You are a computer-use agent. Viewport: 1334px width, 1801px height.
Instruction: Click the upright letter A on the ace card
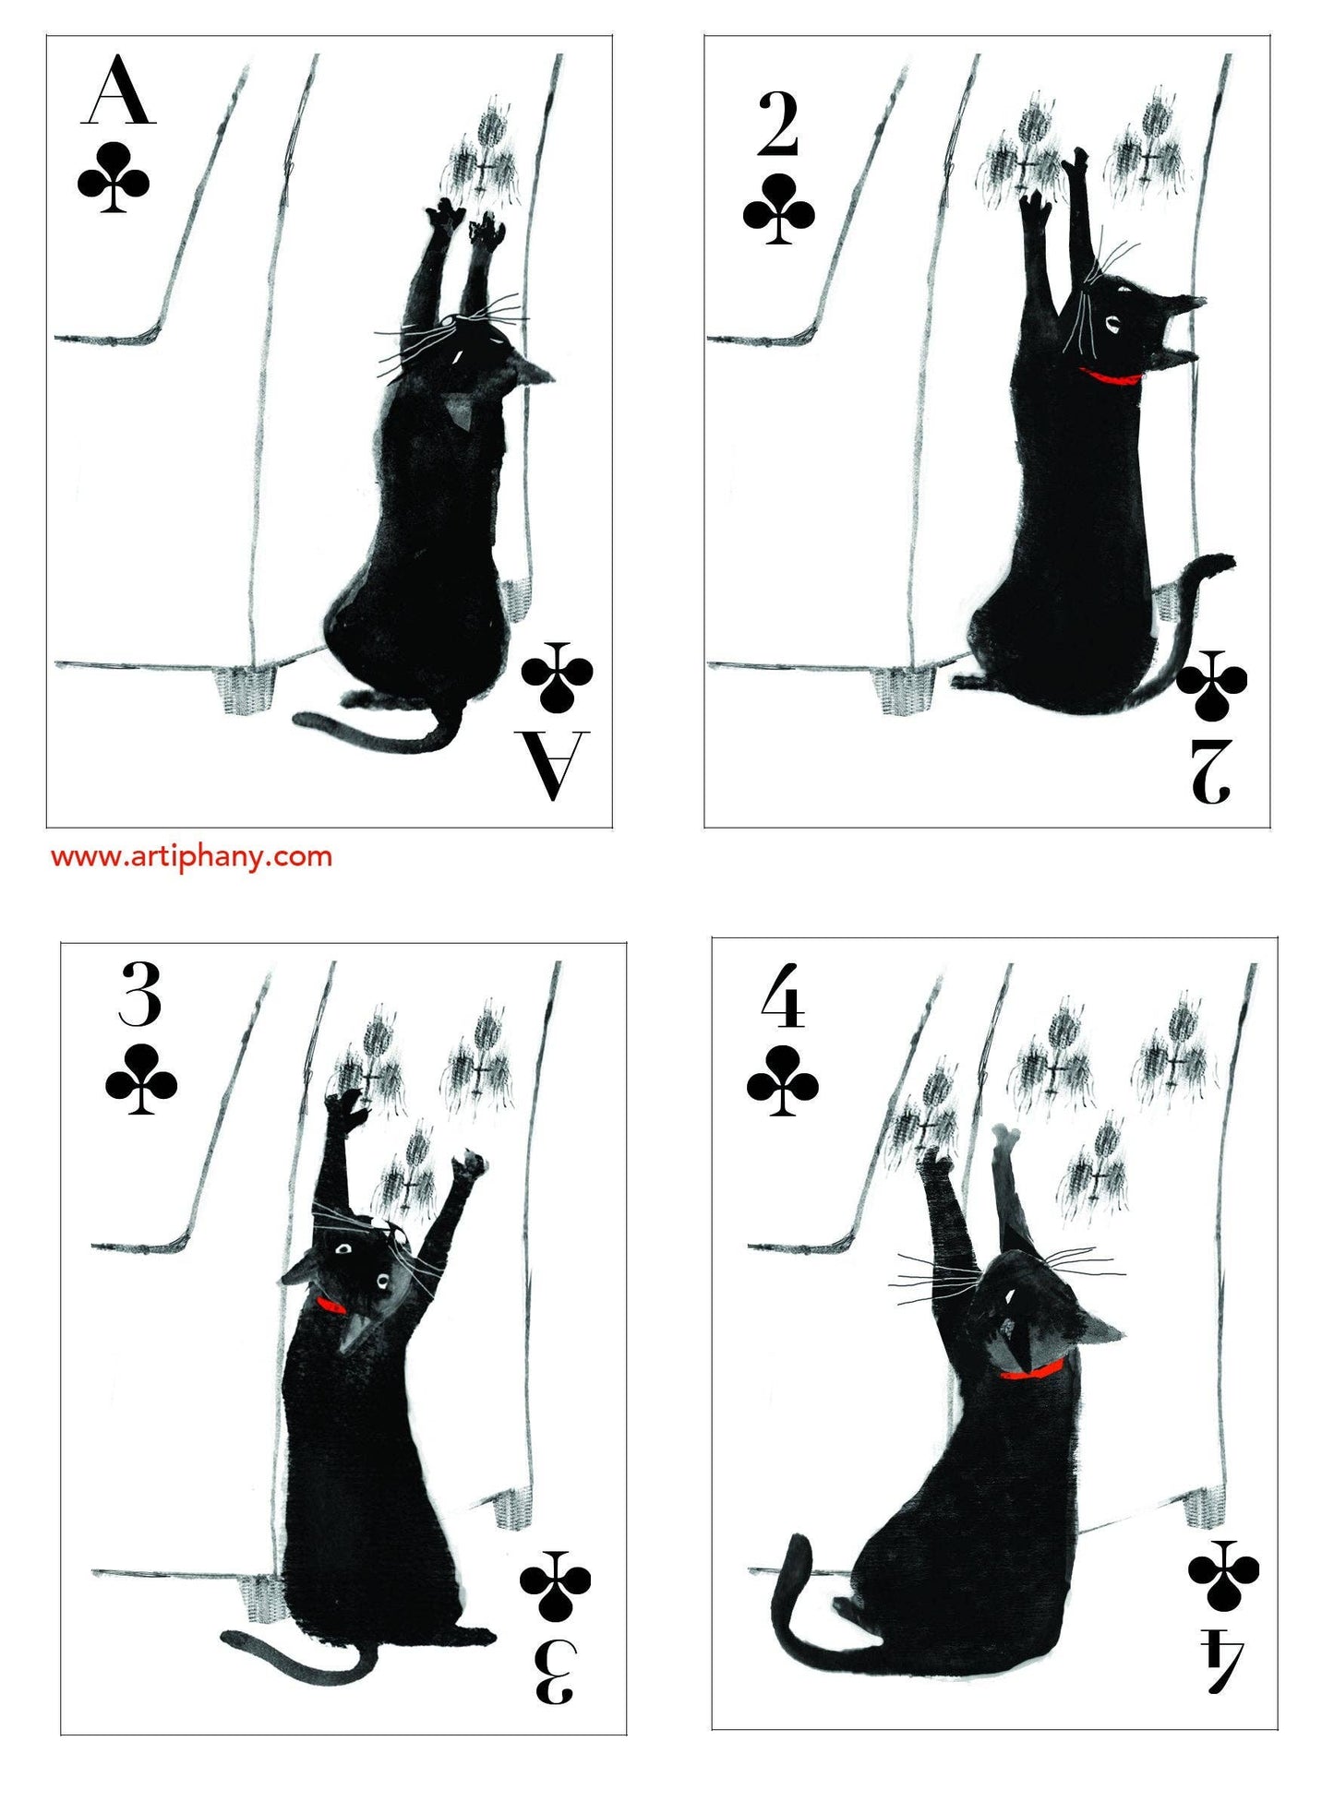tap(118, 90)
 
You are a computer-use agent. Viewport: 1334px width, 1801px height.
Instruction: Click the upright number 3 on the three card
tap(140, 994)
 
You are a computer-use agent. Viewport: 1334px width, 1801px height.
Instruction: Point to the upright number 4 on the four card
tap(783, 996)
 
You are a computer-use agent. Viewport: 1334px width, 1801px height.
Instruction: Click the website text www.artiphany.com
tap(191, 856)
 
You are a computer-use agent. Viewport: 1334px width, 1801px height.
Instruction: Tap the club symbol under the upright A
tap(114, 177)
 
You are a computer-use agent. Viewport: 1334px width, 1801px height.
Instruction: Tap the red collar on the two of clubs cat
tap(1110, 376)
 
